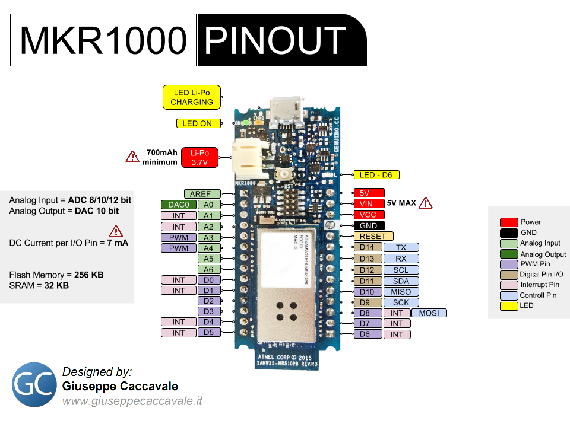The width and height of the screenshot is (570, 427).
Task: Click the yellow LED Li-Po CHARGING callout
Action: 191,97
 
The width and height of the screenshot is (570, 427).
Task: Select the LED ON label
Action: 197,123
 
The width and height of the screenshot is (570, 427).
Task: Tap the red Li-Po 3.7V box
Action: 199,157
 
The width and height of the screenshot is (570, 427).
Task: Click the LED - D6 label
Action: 376,175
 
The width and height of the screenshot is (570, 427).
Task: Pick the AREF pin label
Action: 202,194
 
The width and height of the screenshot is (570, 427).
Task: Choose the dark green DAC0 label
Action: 178,205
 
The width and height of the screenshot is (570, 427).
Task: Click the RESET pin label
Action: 373,236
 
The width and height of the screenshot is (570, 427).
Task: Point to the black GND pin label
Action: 369,225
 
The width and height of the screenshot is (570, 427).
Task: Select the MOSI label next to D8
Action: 429,313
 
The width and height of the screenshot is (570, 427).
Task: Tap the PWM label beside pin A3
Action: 178,237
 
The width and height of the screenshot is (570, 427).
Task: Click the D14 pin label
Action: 366,247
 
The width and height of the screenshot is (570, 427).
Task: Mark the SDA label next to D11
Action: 401,281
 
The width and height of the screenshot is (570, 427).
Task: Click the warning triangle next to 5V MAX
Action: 425,203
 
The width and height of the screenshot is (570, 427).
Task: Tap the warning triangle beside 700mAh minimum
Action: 132,157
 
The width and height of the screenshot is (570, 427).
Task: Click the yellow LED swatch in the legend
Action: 508,306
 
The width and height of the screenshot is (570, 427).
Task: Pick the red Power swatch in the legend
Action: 508,222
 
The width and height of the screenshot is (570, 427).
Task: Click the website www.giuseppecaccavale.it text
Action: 132,401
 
